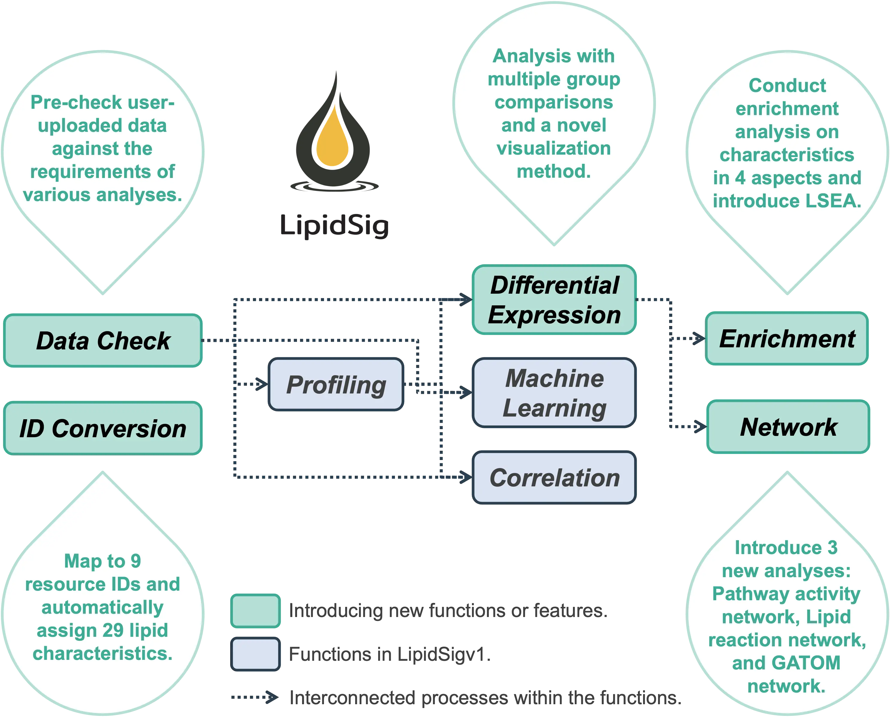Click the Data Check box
tap(103, 340)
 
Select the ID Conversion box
tap(103, 428)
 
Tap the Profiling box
tap(336, 384)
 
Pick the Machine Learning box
tap(554, 393)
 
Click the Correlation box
tap(554, 478)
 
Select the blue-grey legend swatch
tap(255, 654)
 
